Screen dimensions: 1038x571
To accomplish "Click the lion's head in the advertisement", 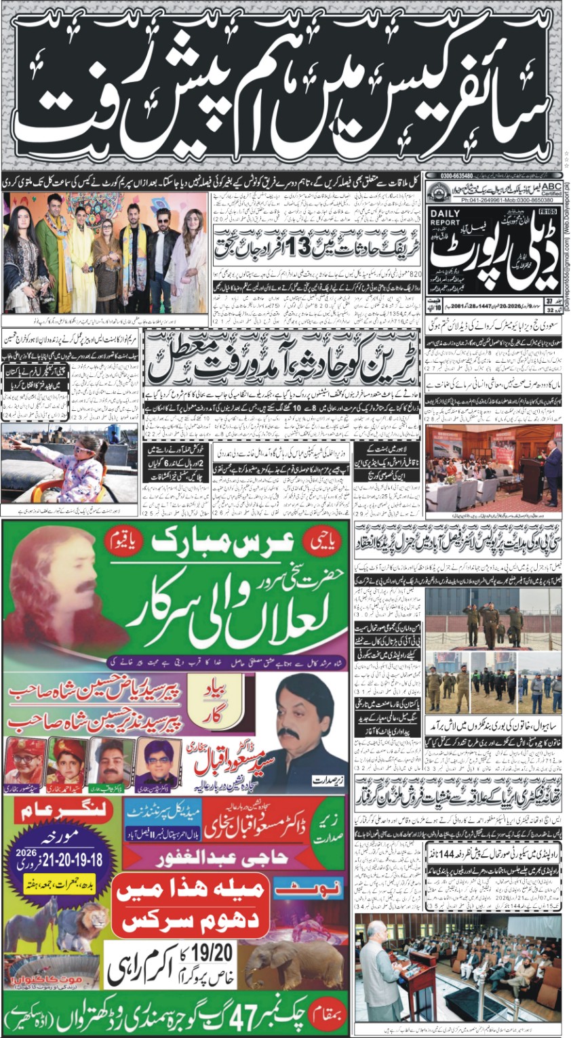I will (x=89, y=919).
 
